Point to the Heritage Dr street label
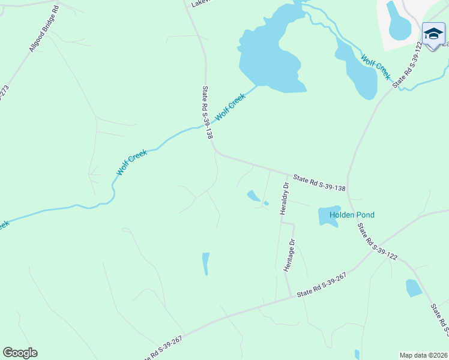click(291, 255)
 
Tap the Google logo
click(20, 353)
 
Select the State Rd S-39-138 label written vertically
click(208, 112)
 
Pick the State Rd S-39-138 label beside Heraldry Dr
click(319, 183)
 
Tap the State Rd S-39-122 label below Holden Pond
click(377, 242)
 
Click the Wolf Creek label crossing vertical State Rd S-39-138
click(231, 106)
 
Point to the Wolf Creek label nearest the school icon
click(376, 67)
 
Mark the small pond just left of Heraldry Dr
click(253, 196)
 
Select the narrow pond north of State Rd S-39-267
click(206, 263)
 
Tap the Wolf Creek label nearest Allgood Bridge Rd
click(131, 163)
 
